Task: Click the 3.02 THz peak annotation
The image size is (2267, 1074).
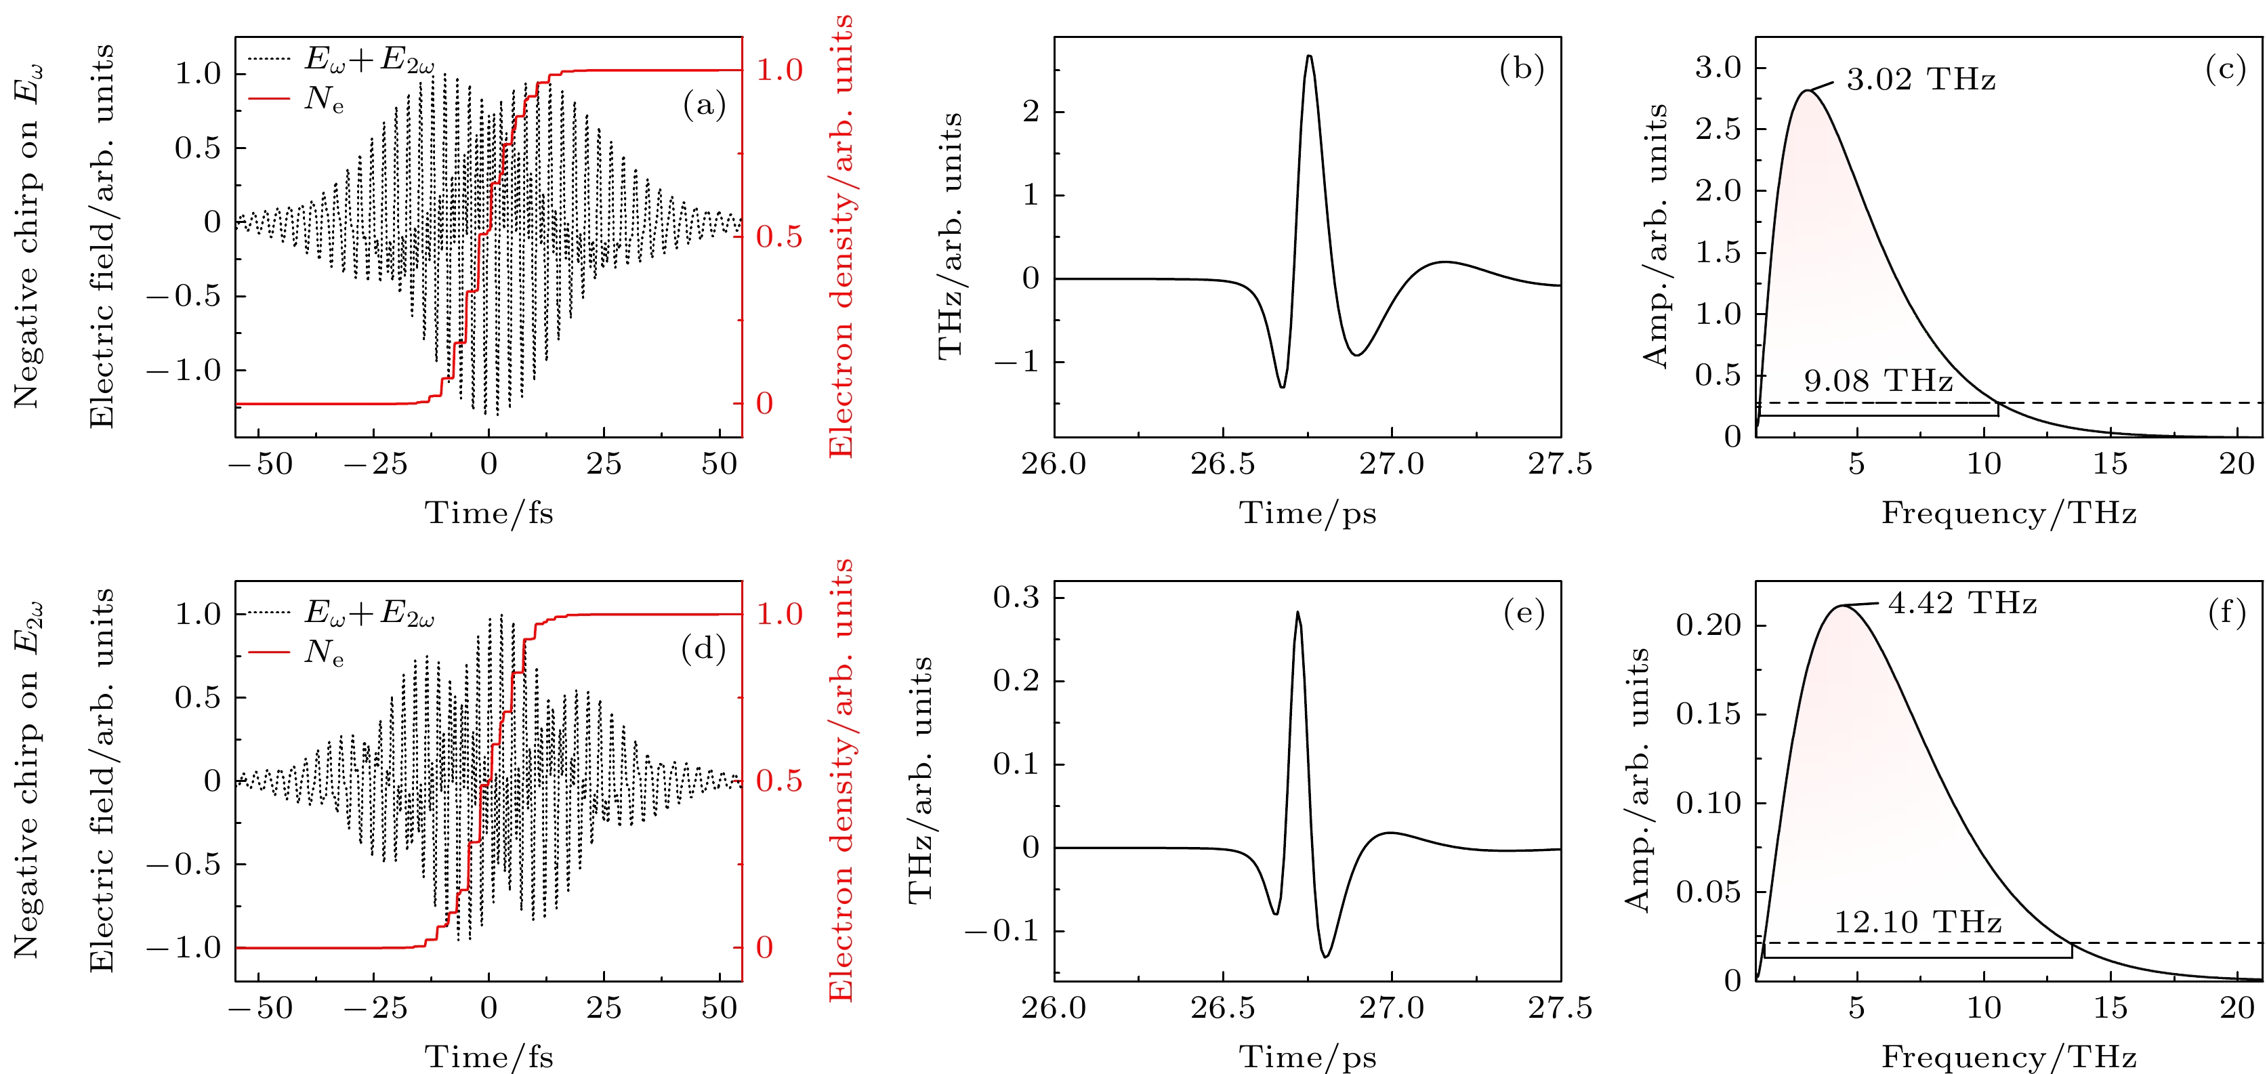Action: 1920,80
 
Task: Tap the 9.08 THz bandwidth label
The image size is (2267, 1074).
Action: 1878,381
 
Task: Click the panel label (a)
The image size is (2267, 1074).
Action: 704,106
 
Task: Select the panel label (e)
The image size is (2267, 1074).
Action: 1523,614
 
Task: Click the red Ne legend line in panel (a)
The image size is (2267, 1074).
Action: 269,99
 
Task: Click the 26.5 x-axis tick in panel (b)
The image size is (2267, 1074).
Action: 1222,464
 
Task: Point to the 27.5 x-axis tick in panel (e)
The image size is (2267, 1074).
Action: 1560,1008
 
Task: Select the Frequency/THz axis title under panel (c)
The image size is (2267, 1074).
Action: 2008,513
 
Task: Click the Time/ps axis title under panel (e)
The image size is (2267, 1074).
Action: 1307,1057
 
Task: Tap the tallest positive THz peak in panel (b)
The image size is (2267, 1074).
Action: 1308,56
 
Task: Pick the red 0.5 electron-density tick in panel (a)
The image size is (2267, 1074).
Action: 780,236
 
